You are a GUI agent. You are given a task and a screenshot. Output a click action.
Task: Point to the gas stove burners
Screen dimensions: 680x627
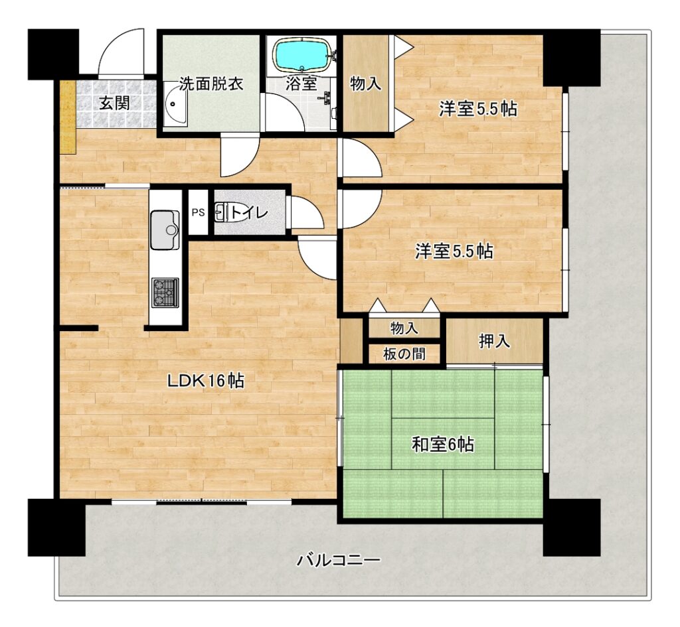[165, 293]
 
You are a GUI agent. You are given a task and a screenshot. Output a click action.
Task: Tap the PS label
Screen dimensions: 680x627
[198, 213]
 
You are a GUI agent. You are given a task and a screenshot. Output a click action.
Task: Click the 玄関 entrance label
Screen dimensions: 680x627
[114, 103]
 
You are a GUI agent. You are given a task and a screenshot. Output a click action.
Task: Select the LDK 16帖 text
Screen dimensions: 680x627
[206, 381]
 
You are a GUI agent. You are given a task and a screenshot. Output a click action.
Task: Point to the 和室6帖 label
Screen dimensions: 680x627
[443, 445]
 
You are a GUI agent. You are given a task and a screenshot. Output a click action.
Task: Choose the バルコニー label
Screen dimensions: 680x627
[339, 560]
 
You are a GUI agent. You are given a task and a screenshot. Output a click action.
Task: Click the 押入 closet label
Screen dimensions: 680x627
[494, 342]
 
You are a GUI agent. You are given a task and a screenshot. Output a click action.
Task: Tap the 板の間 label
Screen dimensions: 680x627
[404, 354]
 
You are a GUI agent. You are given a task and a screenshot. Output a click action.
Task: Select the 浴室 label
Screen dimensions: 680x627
[301, 84]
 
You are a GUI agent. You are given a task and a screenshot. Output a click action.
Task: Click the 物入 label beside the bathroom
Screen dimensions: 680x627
[366, 84]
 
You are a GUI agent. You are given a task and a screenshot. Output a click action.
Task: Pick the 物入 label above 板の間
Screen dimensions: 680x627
[404, 328]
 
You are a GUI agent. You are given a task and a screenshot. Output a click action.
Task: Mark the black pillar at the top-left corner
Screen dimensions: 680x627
[53, 54]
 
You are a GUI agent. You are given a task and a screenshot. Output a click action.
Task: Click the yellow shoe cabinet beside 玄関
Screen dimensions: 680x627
[68, 116]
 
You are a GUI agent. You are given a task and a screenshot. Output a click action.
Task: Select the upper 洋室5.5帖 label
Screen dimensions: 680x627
[478, 109]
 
